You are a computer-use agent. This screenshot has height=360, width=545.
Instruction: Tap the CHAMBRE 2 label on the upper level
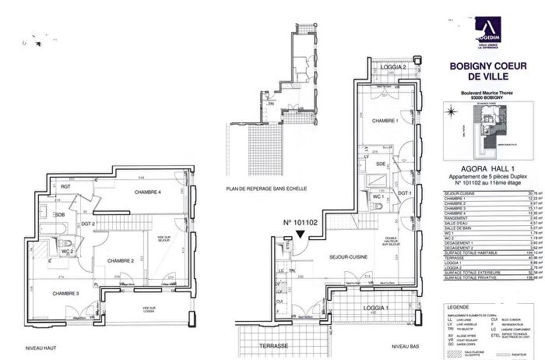pos(122,260)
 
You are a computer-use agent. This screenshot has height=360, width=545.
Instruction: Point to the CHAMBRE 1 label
pos(385,121)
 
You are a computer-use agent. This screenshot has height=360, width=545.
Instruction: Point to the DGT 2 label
pos(88,224)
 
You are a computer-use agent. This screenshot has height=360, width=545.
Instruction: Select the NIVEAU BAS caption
pos(406,345)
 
